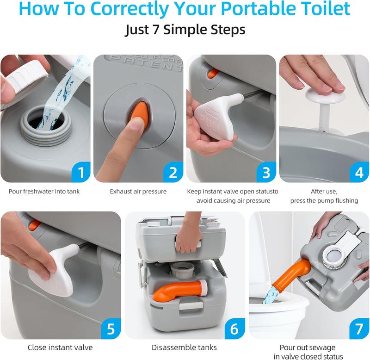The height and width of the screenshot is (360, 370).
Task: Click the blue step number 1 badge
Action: (x=81, y=173)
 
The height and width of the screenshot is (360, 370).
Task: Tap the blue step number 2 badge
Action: (x=173, y=173)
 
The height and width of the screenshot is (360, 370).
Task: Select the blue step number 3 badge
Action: (x=266, y=173)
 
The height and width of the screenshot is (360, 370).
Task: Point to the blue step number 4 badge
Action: (x=359, y=173)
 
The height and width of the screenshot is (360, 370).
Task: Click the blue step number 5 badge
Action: (x=111, y=329)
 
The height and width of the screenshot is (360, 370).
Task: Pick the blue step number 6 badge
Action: (x=234, y=329)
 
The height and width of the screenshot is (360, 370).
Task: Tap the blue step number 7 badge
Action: (x=359, y=329)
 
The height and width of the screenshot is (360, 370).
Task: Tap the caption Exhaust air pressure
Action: (x=138, y=191)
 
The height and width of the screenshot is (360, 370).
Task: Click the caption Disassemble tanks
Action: (x=184, y=348)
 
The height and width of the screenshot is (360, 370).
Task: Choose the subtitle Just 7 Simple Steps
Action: (x=185, y=30)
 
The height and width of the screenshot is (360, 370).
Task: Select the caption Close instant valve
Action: (x=60, y=348)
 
